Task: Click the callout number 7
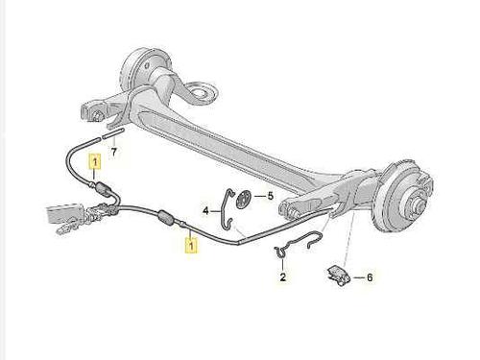tap(114, 152)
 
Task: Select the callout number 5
tap(271, 196)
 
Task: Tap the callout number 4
tap(205, 210)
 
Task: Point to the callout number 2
tap(283, 276)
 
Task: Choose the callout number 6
tap(370, 277)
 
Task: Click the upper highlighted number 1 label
tap(95, 162)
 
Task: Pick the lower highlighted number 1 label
tap(191, 245)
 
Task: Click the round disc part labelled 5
tap(243, 200)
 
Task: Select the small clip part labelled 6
tap(338, 276)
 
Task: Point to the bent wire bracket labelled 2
tap(298, 242)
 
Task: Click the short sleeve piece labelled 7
tap(113, 132)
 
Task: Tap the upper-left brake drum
tap(141, 68)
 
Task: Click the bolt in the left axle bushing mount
tap(96, 115)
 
